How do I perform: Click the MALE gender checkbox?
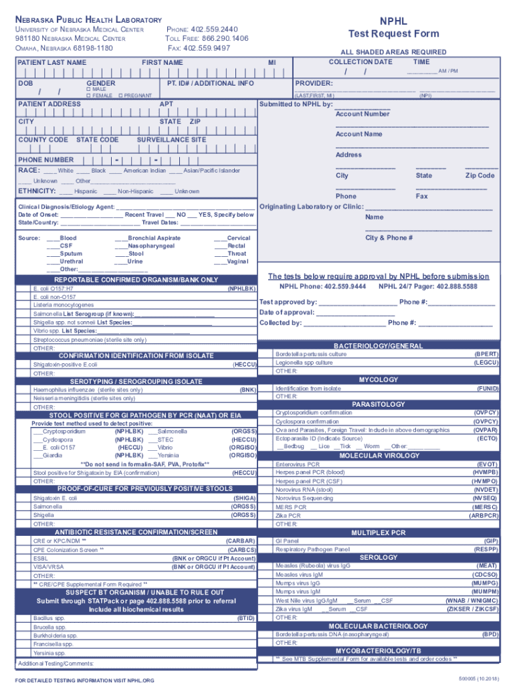tap(89, 89)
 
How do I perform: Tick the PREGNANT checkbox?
tap(121, 96)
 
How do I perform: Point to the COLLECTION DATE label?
tap(360, 62)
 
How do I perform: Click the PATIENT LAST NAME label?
tap(51, 62)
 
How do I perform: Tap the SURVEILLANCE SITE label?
tap(171, 140)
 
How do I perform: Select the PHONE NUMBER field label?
tap(45, 160)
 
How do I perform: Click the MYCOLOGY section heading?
tap(379, 379)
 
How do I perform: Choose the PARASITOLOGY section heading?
tap(379, 405)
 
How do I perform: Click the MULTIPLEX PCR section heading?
tap(379, 532)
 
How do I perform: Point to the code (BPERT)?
tap(486, 354)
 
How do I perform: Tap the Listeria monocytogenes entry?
tap(64, 304)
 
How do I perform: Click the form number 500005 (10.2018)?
tap(478, 679)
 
